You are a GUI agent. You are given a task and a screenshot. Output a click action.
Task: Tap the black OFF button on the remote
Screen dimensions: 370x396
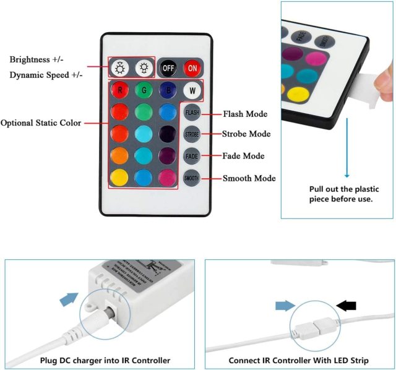[x=168, y=67]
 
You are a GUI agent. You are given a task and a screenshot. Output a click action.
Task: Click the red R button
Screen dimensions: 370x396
[x=119, y=90]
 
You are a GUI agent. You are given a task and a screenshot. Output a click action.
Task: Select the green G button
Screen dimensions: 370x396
[x=144, y=90]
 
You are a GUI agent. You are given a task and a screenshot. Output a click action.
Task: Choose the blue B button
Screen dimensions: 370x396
[x=168, y=90]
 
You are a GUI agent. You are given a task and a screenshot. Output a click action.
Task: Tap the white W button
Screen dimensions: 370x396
[x=192, y=90]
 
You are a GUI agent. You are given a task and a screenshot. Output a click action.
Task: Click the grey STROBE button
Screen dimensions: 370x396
[x=192, y=134]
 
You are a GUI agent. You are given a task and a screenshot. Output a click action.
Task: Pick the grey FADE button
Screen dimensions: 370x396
[x=192, y=156]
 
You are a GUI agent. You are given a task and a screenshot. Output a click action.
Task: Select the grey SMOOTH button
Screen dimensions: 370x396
[x=192, y=178]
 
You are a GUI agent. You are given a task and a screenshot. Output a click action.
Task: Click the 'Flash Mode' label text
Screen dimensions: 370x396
[x=244, y=114]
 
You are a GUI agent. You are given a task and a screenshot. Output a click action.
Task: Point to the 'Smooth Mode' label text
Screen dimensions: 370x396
[x=248, y=178]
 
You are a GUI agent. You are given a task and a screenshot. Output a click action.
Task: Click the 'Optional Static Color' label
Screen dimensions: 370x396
[x=41, y=123]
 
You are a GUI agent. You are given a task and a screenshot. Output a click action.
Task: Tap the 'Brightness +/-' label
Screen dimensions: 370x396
[x=37, y=59]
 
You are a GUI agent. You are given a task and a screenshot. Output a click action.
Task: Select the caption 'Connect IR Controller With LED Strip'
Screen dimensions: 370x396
[x=298, y=360]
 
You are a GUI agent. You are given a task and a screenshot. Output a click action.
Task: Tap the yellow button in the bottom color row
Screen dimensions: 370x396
[x=119, y=178]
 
